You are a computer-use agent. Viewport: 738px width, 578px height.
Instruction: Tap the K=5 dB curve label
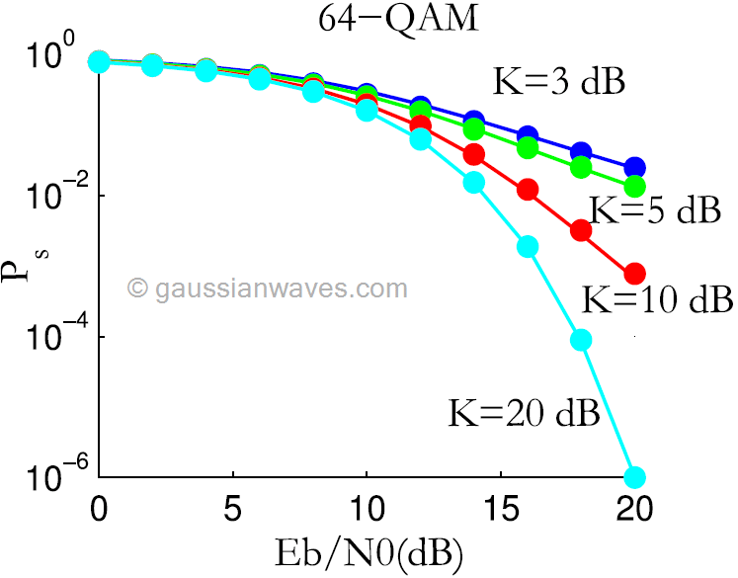click(653, 210)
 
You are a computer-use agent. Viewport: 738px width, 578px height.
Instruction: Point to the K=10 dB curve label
click(654, 297)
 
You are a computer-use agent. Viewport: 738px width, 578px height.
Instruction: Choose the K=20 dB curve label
click(525, 411)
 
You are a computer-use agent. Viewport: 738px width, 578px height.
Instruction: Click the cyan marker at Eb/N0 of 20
click(634, 477)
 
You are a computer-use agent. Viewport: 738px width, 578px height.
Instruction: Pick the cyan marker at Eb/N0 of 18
click(581, 340)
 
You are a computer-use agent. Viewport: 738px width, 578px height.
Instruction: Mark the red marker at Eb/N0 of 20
click(634, 273)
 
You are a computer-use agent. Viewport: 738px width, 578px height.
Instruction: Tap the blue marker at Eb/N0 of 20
click(634, 167)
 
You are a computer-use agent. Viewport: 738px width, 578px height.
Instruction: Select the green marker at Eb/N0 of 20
click(634, 186)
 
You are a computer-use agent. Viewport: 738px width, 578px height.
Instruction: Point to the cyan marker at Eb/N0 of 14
click(473, 182)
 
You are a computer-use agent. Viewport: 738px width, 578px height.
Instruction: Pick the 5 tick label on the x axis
click(231, 514)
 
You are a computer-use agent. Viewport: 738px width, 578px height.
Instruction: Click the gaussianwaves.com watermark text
click(268, 289)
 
